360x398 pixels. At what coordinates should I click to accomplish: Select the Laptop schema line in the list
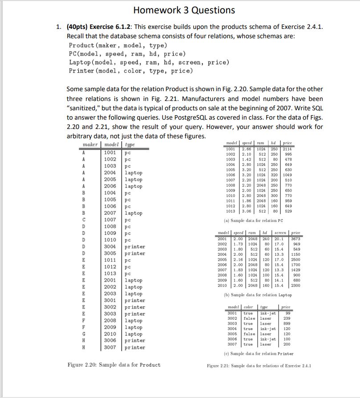coord(149,62)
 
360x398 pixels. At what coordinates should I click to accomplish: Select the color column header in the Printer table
coord(248,307)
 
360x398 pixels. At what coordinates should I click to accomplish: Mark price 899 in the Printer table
coord(287,324)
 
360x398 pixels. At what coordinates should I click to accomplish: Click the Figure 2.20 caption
coord(114,365)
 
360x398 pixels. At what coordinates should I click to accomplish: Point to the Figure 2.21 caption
coord(259,366)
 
